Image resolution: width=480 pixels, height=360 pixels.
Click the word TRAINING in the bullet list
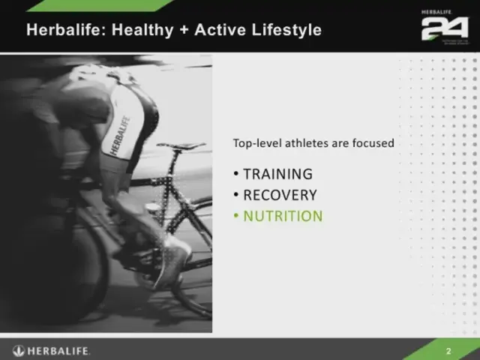(x=277, y=174)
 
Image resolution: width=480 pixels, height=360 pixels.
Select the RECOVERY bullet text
(x=280, y=195)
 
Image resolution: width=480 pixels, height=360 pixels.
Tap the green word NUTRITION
(x=283, y=216)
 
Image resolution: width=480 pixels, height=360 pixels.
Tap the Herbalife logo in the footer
(x=52, y=350)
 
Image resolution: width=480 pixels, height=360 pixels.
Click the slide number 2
(x=448, y=351)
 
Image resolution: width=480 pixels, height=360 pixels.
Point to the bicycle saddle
(x=181, y=145)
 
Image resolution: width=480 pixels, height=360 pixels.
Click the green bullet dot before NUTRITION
(x=235, y=216)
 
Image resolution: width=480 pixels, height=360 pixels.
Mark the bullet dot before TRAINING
(x=235, y=174)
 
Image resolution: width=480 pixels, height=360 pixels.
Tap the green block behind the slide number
(x=457, y=350)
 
